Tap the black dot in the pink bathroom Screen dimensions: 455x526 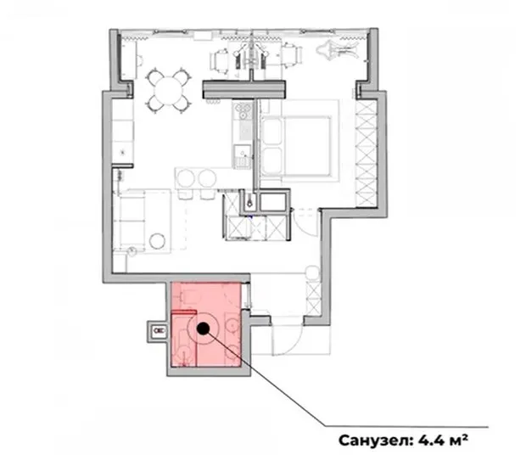pyautogui.click(x=204, y=328)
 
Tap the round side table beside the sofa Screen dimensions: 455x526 pyautogui.click(x=159, y=240)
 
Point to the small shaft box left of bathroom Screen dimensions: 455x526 pyautogui.click(x=157, y=330)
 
